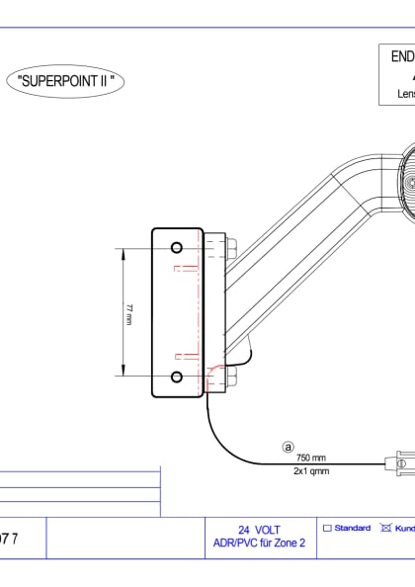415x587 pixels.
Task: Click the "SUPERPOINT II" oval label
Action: (x=67, y=81)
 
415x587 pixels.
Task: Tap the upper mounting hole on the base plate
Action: (x=176, y=246)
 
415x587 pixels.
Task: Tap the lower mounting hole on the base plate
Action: (x=176, y=377)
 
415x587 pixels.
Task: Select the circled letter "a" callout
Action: (x=290, y=447)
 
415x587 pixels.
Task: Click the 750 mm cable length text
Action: (x=310, y=459)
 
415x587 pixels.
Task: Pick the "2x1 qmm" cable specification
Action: (x=310, y=471)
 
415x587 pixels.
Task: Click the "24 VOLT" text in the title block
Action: (x=259, y=530)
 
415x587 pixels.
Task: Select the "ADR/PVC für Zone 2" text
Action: (x=259, y=543)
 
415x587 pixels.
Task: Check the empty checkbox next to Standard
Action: (x=327, y=529)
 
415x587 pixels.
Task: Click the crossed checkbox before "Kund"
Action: (x=386, y=529)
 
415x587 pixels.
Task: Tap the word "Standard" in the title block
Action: (x=353, y=529)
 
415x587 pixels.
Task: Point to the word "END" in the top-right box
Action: (x=400, y=57)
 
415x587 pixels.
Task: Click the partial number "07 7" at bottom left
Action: (x=9, y=540)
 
